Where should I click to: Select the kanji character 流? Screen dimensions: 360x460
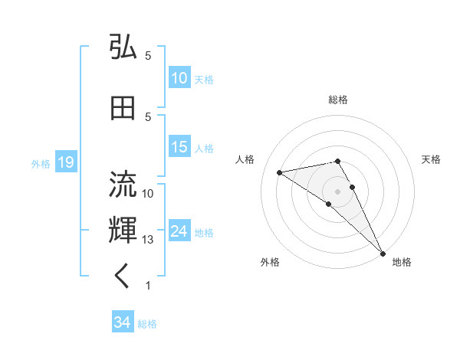[x=123, y=183]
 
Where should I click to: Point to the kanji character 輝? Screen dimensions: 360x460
[x=123, y=231]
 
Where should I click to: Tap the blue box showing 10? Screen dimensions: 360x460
[x=179, y=78]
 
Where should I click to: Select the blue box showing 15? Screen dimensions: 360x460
[x=179, y=148]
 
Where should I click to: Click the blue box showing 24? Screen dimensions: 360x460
[x=179, y=232]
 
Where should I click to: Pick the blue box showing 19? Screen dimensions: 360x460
[x=65, y=162]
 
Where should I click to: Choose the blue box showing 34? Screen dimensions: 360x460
[x=122, y=323]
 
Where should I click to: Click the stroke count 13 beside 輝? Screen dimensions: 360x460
[x=148, y=240]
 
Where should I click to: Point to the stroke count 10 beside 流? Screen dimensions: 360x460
[x=148, y=193]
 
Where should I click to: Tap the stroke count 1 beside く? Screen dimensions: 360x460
[x=148, y=286]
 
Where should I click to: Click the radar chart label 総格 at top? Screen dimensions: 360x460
[x=337, y=100]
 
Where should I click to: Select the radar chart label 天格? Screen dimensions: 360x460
[x=431, y=159]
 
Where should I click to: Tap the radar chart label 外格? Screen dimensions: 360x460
[x=270, y=262]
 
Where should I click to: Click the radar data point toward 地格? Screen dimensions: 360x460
[x=383, y=253]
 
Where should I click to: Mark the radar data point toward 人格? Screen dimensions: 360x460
[x=280, y=172]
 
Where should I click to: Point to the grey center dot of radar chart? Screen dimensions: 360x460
[x=337, y=191]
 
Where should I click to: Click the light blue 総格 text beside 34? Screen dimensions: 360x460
[x=147, y=324]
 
